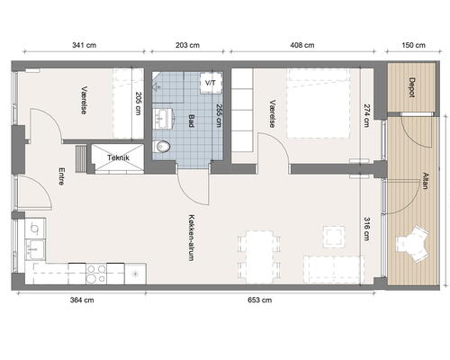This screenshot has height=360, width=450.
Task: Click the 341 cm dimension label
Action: (85, 45)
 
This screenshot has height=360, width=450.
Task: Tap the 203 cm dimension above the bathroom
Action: (187, 45)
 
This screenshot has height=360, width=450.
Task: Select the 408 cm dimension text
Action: (302, 45)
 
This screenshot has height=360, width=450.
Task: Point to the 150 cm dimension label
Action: (413, 45)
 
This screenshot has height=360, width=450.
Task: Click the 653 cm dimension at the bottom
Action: (260, 300)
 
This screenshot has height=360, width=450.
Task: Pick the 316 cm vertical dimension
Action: (366, 229)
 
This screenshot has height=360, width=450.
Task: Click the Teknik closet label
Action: (118, 157)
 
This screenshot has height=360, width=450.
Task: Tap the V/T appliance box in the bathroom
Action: (211, 82)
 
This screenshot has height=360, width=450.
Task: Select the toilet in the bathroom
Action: (161, 147)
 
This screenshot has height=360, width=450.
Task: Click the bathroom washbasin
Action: (163, 119)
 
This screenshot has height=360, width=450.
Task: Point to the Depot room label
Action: (412, 87)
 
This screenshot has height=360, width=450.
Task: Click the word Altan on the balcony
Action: (425, 181)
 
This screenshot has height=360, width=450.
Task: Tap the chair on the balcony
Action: (412, 244)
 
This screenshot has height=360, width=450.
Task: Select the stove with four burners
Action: (96, 274)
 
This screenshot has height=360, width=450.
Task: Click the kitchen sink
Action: (35, 249)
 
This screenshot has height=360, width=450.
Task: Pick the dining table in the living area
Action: (260, 257)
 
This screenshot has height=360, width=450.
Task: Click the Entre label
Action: (61, 176)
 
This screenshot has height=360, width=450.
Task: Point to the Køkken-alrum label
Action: (192, 237)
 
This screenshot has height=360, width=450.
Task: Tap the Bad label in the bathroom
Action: (192, 121)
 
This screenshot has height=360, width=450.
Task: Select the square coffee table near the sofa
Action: (334, 237)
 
